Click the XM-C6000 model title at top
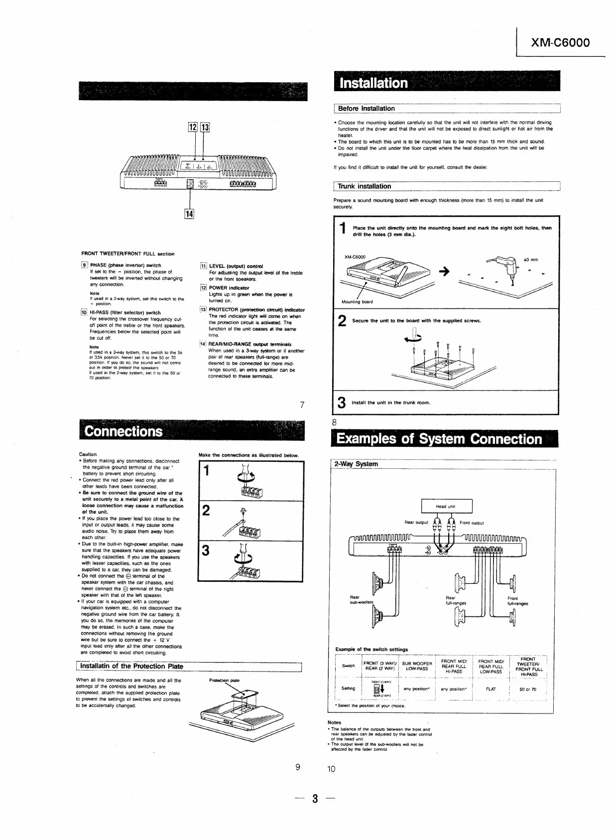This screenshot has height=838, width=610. (560, 42)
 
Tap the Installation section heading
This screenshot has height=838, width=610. (373, 83)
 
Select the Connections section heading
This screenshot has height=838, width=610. (123, 431)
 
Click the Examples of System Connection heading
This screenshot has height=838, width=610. (439, 439)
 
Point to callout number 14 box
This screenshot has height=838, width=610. (189, 215)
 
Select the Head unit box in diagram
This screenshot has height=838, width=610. (446, 507)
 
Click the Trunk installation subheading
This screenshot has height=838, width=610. (365, 186)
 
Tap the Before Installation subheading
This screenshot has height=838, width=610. (366, 109)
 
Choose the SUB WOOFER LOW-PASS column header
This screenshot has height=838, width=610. (417, 666)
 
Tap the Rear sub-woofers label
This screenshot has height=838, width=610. (361, 600)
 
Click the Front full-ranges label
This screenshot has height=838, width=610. (517, 601)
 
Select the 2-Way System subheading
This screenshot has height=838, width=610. (356, 464)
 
